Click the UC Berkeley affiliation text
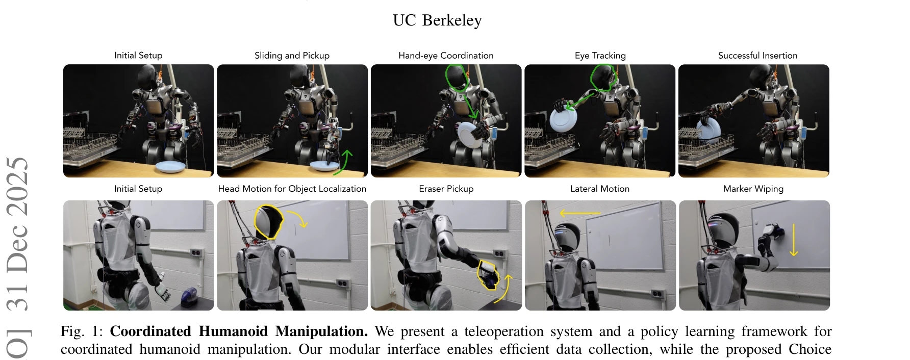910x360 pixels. [x=437, y=20]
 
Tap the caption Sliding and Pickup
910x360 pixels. [x=292, y=56]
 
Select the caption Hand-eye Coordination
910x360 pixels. [x=446, y=56]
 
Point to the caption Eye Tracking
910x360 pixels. [x=600, y=56]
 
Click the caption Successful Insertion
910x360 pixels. [x=757, y=56]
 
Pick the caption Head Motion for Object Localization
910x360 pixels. [x=292, y=189]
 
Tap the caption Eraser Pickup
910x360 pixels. [x=446, y=189]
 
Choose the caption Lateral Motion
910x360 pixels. [x=599, y=189]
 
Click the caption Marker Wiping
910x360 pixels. [x=753, y=189]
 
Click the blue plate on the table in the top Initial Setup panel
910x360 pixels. [x=170, y=166]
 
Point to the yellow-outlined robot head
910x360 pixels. [x=268, y=222]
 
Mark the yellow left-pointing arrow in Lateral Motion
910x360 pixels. [x=580, y=213]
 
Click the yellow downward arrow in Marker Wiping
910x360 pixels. [x=794, y=239]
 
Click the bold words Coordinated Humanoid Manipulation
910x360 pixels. [x=239, y=331]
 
